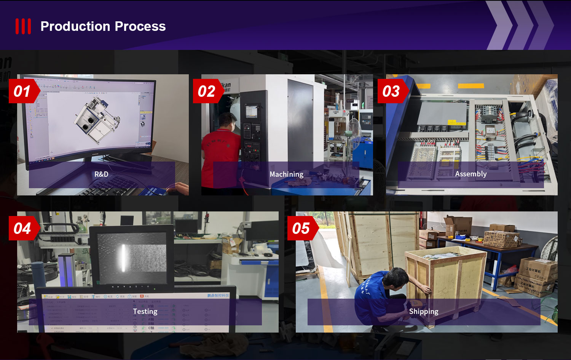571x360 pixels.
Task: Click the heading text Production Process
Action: [x=103, y=26]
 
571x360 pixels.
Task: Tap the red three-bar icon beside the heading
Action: [x=23, y=26]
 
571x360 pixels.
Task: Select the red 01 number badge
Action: [x=22, y=91]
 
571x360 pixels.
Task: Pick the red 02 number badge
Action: [x=207, y=91]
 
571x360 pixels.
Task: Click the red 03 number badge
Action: [x=391, y=91]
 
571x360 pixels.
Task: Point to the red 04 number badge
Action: [x=22, y=229]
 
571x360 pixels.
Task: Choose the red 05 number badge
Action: [x=301, y=229]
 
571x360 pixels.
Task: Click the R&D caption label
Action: [x=101, y=174]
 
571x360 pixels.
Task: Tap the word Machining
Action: [x=286, y=174]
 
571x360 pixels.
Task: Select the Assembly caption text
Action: [x=471, y=174]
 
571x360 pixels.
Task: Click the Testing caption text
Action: [x=145, y=311]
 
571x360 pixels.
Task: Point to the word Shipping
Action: [x=424, y=311]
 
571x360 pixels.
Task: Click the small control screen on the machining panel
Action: [x=251, y=111]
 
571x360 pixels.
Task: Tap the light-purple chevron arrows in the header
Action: [x=522, y=25]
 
